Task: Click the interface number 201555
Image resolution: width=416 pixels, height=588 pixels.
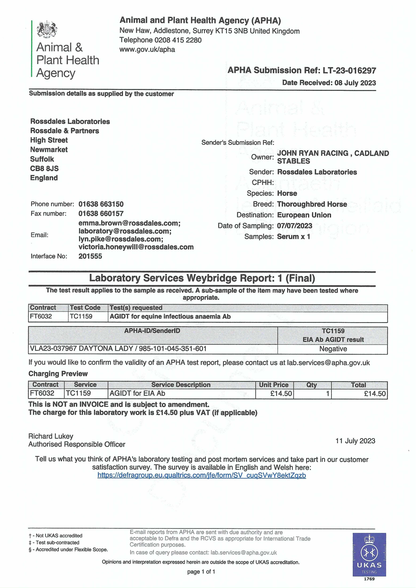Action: [90, 256]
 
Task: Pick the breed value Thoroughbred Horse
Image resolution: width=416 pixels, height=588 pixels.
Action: [312, 204]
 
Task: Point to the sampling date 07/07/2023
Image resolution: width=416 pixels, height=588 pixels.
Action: [295, 226]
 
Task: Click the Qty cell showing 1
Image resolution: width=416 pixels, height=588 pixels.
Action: [312, 393]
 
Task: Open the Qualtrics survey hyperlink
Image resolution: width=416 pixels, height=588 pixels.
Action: [202, 476]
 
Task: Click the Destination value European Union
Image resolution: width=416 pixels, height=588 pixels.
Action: [304, 215]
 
